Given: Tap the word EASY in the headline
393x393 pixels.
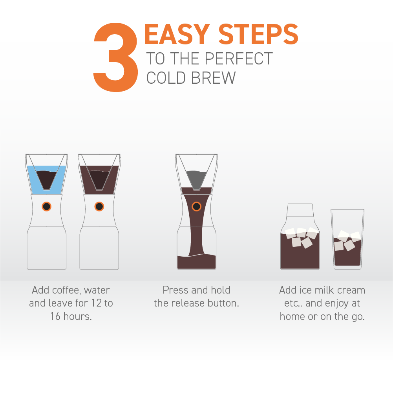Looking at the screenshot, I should tap(177, 35).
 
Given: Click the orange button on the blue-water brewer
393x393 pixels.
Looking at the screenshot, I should tap(46, 206).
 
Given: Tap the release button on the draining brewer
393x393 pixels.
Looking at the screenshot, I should tap(196, 206).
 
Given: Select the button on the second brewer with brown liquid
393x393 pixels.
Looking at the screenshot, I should tap(99, 206).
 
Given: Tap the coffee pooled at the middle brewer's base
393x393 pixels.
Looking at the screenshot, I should tap(196, 262).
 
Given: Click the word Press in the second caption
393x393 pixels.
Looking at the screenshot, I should tap(175, 290).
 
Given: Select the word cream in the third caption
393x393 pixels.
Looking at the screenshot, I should tap(349, 290).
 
